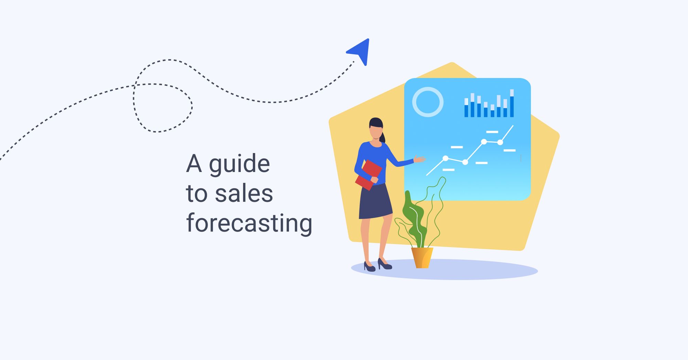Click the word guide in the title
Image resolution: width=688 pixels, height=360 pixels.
[x=239, y=164]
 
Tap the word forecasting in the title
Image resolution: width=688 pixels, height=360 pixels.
[x=249, y=224]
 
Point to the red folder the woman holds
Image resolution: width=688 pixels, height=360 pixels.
[x=368, y=174]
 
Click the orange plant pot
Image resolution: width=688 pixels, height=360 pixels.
[x=422, y=258]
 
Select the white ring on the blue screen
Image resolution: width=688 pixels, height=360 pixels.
[x=428, y=102]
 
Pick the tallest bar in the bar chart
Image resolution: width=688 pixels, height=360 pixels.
[x=512, y=103]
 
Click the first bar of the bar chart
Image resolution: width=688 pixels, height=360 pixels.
[x=466, y=108]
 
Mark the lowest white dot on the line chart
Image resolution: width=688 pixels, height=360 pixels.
[x=465, y=162]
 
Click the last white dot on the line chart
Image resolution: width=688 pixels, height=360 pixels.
[x=500, y=142]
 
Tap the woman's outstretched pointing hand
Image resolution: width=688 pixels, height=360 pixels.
[x=419, y=159]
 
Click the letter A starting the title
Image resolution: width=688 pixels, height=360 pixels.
[x=194, y=164]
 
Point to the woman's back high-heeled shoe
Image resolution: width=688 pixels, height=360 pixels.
[x=369, y=267]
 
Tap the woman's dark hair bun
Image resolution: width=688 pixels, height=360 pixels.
[x=383, y=138]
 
